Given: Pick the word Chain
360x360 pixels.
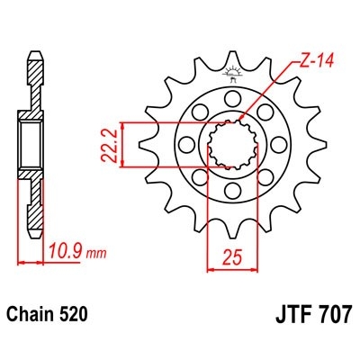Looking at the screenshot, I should [32, 316].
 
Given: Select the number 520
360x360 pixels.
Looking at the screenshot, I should [74, 316].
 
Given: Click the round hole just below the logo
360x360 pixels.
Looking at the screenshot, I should [232, 98].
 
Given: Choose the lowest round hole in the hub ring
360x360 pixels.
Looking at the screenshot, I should [232, 190].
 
